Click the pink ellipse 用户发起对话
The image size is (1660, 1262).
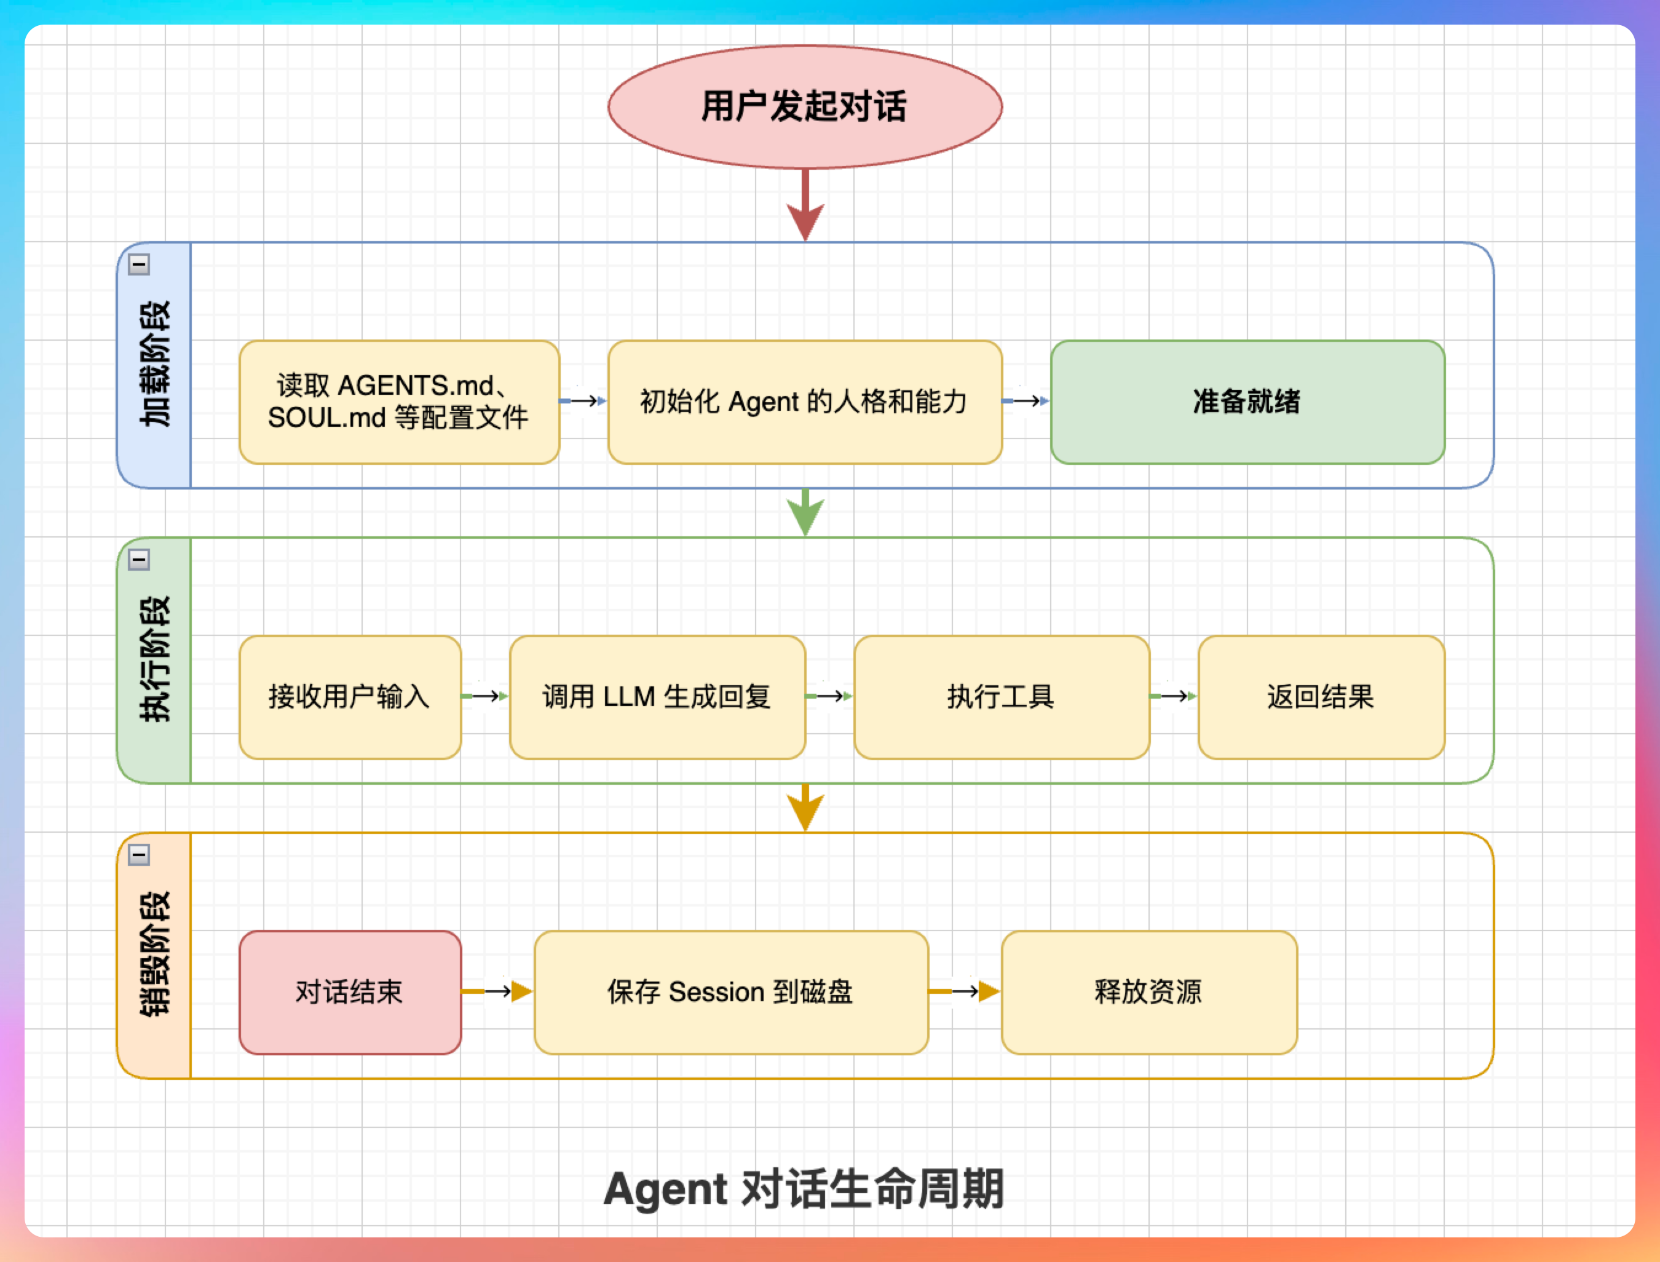[805, 106]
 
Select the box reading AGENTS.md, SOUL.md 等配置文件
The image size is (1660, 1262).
[398, 402]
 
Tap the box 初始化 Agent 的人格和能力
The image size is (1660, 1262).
[805, 402]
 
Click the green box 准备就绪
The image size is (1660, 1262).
[1247, 402]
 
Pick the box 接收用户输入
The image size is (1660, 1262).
[350, 697]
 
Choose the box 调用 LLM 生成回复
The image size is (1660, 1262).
[657, 697]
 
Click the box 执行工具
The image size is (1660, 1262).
[1002, 697]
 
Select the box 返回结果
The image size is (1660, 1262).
[1321, 697]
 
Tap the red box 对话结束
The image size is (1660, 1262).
[350, 993]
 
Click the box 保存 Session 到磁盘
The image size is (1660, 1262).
[730, 993]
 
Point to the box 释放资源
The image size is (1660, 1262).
[1148, 993]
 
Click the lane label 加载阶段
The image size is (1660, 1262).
[155, 364]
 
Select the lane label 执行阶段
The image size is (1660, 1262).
[155, 659]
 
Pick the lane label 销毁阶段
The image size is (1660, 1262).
[155, 954]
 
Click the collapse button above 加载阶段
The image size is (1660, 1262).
[139, 264]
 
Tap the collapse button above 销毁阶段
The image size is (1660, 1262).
[139, 854]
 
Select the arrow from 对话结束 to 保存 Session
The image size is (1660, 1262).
[497, 991]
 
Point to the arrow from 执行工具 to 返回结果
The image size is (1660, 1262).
[1174, 696]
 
